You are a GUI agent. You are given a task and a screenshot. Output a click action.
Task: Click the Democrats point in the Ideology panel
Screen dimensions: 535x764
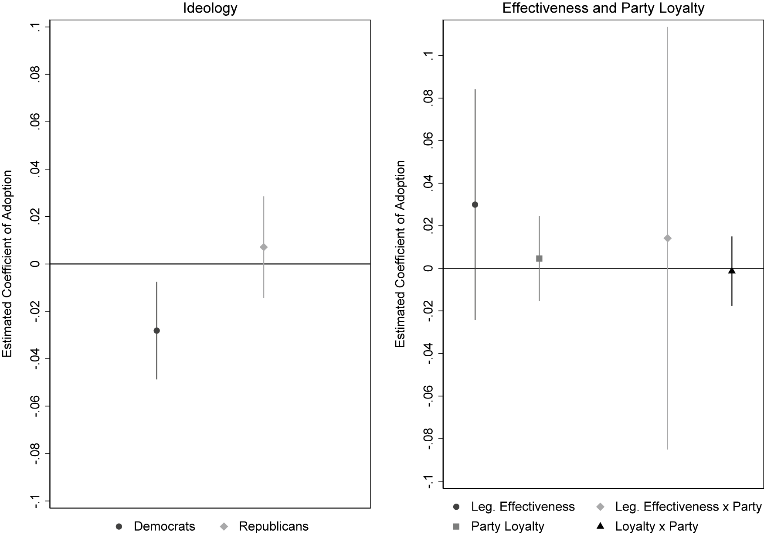[x=156, y=331]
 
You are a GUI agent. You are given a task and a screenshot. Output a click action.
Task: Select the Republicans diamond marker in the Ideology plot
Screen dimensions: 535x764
[x=263, y=247]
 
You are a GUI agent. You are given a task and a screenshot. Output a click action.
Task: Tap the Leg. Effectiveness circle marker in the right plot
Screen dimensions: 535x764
[x=475, y=204]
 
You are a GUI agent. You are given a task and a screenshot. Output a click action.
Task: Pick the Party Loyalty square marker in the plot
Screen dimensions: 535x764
[x=539, y=259]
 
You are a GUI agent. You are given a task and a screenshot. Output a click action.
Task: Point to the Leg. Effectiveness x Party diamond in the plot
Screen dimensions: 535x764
[x=667, y=238]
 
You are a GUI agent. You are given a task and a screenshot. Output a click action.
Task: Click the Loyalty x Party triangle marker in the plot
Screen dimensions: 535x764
[x=732, y=271]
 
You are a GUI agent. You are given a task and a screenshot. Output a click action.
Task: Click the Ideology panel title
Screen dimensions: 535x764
[x=210, y=8]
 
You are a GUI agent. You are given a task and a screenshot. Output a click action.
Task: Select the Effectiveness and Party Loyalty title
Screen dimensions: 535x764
[x=603, y=8]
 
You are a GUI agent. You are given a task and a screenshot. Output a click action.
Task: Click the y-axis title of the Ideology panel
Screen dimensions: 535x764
[x=7, y=264]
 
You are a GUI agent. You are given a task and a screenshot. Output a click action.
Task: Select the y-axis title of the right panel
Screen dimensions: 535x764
[x=400, y=254]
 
